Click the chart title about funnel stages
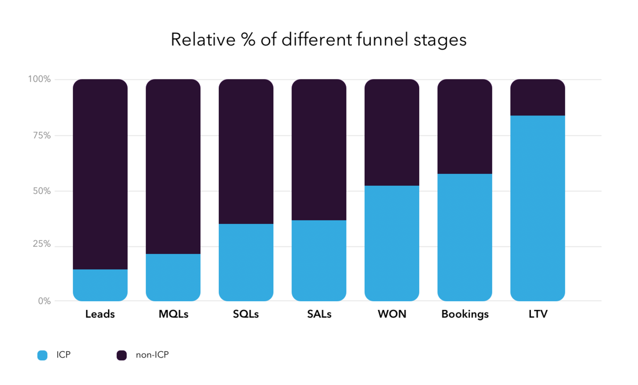coord(319,39)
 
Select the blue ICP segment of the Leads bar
coord(100,285)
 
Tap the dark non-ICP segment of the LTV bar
coord(537,97)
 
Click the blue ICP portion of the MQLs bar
coord(173,277)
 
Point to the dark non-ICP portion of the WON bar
coord(392,132)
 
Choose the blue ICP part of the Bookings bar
coord(465,237)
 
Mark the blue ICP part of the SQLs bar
coord(246,262)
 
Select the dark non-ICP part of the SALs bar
coord(319,150)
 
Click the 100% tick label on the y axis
coord(40,79)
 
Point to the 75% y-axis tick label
coord(41,135)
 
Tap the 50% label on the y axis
coord(41,191)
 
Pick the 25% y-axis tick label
coord(41,244)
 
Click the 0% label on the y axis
coord(45,301)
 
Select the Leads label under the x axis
coord(100,314)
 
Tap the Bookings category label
coord(465,314)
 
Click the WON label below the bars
coord(392,314)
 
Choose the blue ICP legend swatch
coord(42,356)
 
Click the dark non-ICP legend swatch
coord(122,356)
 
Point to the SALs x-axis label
coord(319,314)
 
